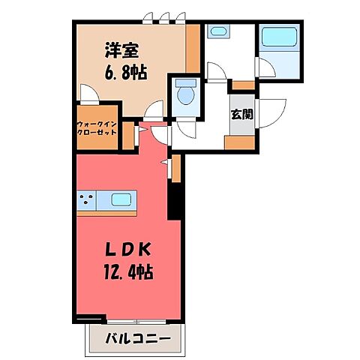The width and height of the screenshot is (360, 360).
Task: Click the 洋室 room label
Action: click(x=119, y=49)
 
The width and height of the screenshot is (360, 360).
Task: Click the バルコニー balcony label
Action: click(x=133, y=339)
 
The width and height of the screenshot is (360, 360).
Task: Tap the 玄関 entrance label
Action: click(x=241, y=114)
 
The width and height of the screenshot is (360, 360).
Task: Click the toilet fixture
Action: click(x=184, y=94)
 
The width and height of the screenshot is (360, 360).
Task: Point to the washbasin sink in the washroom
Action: click(x=218, y=33)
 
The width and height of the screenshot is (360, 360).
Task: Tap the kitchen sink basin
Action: click(x=121, y=200)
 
